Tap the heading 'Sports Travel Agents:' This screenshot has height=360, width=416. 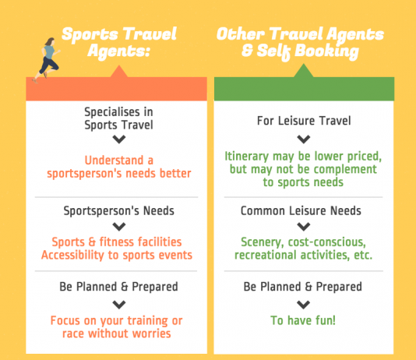[x=119, y=42]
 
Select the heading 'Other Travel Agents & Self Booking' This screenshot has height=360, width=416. [x=300, y=43]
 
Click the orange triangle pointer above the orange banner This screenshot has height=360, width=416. [x=119, y=72]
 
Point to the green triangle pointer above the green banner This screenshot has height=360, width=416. [x=304, y=71]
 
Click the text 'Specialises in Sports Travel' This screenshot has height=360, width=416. [x=119, y=118]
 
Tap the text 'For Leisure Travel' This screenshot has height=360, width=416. [x=304, y=121]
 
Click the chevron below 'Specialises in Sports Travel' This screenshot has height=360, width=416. [x=119, y=139]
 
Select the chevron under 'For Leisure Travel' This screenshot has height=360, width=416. [x=304, y=139]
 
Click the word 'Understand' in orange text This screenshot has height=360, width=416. [x=114, y=161]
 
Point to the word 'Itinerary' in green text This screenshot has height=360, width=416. [x=247, y=157]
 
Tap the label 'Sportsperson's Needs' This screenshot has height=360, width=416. [x=119, y=211]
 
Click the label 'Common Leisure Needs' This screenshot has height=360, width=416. [x=301, y=211]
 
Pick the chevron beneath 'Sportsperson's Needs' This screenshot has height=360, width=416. [x=119, y=227]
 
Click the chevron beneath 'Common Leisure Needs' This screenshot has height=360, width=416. [x=304, y=227]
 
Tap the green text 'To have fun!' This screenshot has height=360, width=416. [x=303, y=320]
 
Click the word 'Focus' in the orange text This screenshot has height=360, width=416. [x=65, y=320]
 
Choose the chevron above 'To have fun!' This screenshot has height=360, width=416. [x=304, y=305]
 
